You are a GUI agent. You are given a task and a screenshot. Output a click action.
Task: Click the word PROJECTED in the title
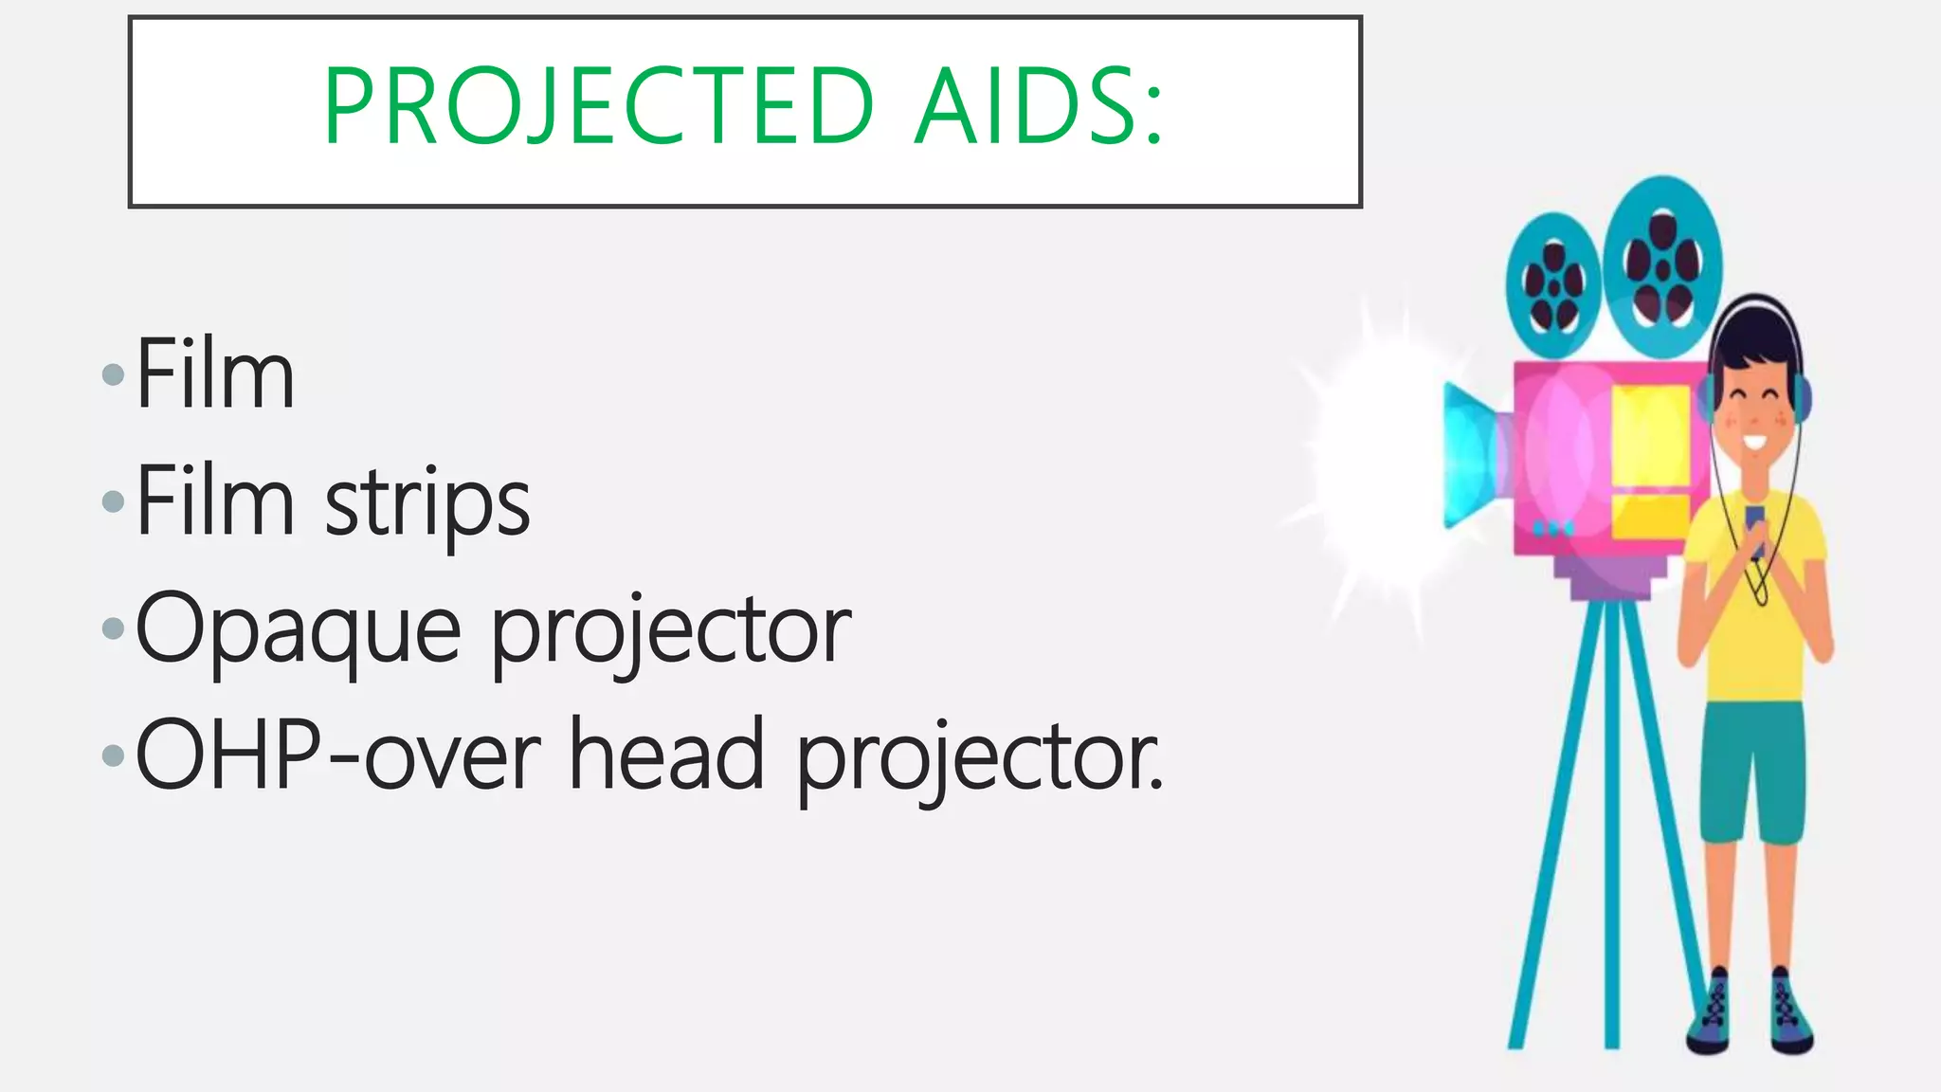[597, 106]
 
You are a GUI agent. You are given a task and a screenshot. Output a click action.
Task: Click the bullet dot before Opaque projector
[113, 628]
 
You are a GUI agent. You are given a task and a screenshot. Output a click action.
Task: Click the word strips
[427, 503]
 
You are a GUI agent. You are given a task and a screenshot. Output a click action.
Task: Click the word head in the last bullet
[666, 755]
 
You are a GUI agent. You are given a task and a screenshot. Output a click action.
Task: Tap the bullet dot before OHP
[113, 755]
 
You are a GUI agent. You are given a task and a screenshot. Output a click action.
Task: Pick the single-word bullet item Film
[215, 374]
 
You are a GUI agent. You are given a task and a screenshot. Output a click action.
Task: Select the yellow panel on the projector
[1651, 436]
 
